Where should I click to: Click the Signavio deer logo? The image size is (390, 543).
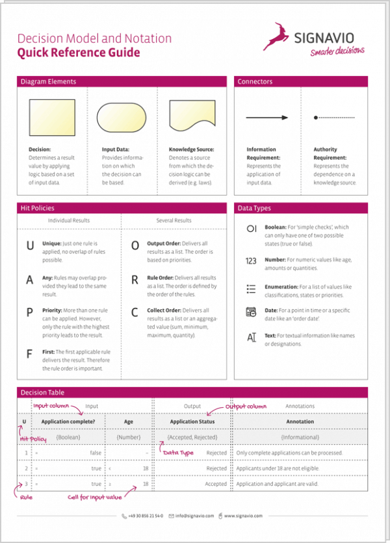[x=276, y=36]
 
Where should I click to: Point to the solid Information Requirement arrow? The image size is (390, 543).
[x=266, y=118]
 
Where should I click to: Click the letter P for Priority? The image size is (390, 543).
[x=29, y=313]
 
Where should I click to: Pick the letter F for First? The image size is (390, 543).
[x=29, y=355]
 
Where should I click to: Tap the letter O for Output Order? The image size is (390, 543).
[x=135, y=246]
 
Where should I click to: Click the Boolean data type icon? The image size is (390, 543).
[x=252, y=229]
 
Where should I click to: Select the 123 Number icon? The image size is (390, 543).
[x=252, y=260]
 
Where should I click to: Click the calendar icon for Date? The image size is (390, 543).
[x=252, y=312]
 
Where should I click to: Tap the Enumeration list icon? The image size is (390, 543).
[x=252, y=288]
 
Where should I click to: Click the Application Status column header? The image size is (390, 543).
[x=192, y=422]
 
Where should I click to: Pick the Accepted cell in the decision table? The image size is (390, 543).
[x=216, y=484]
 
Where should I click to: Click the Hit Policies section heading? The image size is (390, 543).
[x=38, y=208]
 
